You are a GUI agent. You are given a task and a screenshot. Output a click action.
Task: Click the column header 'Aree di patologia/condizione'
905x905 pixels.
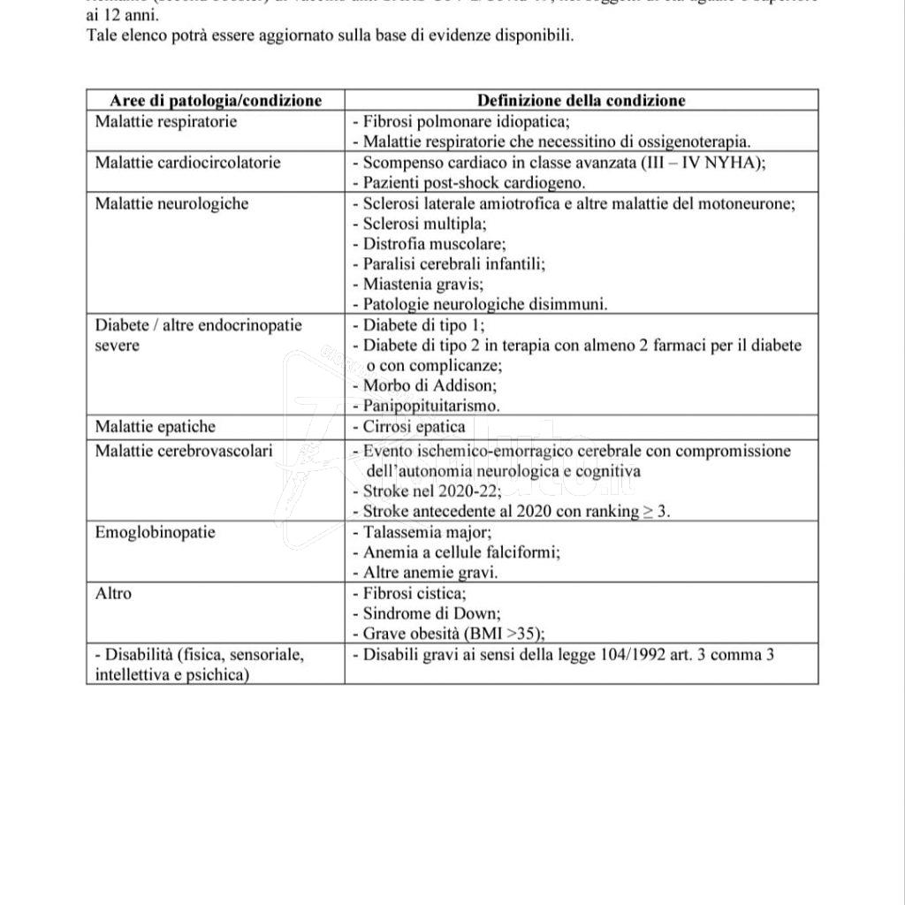[x=215, y=101]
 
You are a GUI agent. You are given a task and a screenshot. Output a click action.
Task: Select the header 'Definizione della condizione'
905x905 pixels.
[x=581, y=101]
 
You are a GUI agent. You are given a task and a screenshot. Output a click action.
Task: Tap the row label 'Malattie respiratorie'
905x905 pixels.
[x=165, y=122]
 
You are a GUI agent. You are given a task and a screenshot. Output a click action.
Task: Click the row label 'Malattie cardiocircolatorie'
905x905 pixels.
[x=187, y=163]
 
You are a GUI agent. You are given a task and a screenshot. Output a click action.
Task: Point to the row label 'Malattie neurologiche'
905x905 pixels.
[x=171, y=203]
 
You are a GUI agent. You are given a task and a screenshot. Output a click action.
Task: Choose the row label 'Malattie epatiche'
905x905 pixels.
[x=155, y=427]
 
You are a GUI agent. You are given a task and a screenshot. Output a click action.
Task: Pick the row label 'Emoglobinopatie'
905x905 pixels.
[x=155, y=532]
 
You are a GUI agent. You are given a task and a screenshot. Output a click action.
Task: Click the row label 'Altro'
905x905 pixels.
[x=113, y=593]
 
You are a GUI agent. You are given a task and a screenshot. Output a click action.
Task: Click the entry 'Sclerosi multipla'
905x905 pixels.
[x=419, y=224]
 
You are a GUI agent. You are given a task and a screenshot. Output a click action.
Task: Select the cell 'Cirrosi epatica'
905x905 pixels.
[x=414, y=427]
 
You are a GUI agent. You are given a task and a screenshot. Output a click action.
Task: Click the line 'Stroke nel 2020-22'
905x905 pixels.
[x=423, y=491]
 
